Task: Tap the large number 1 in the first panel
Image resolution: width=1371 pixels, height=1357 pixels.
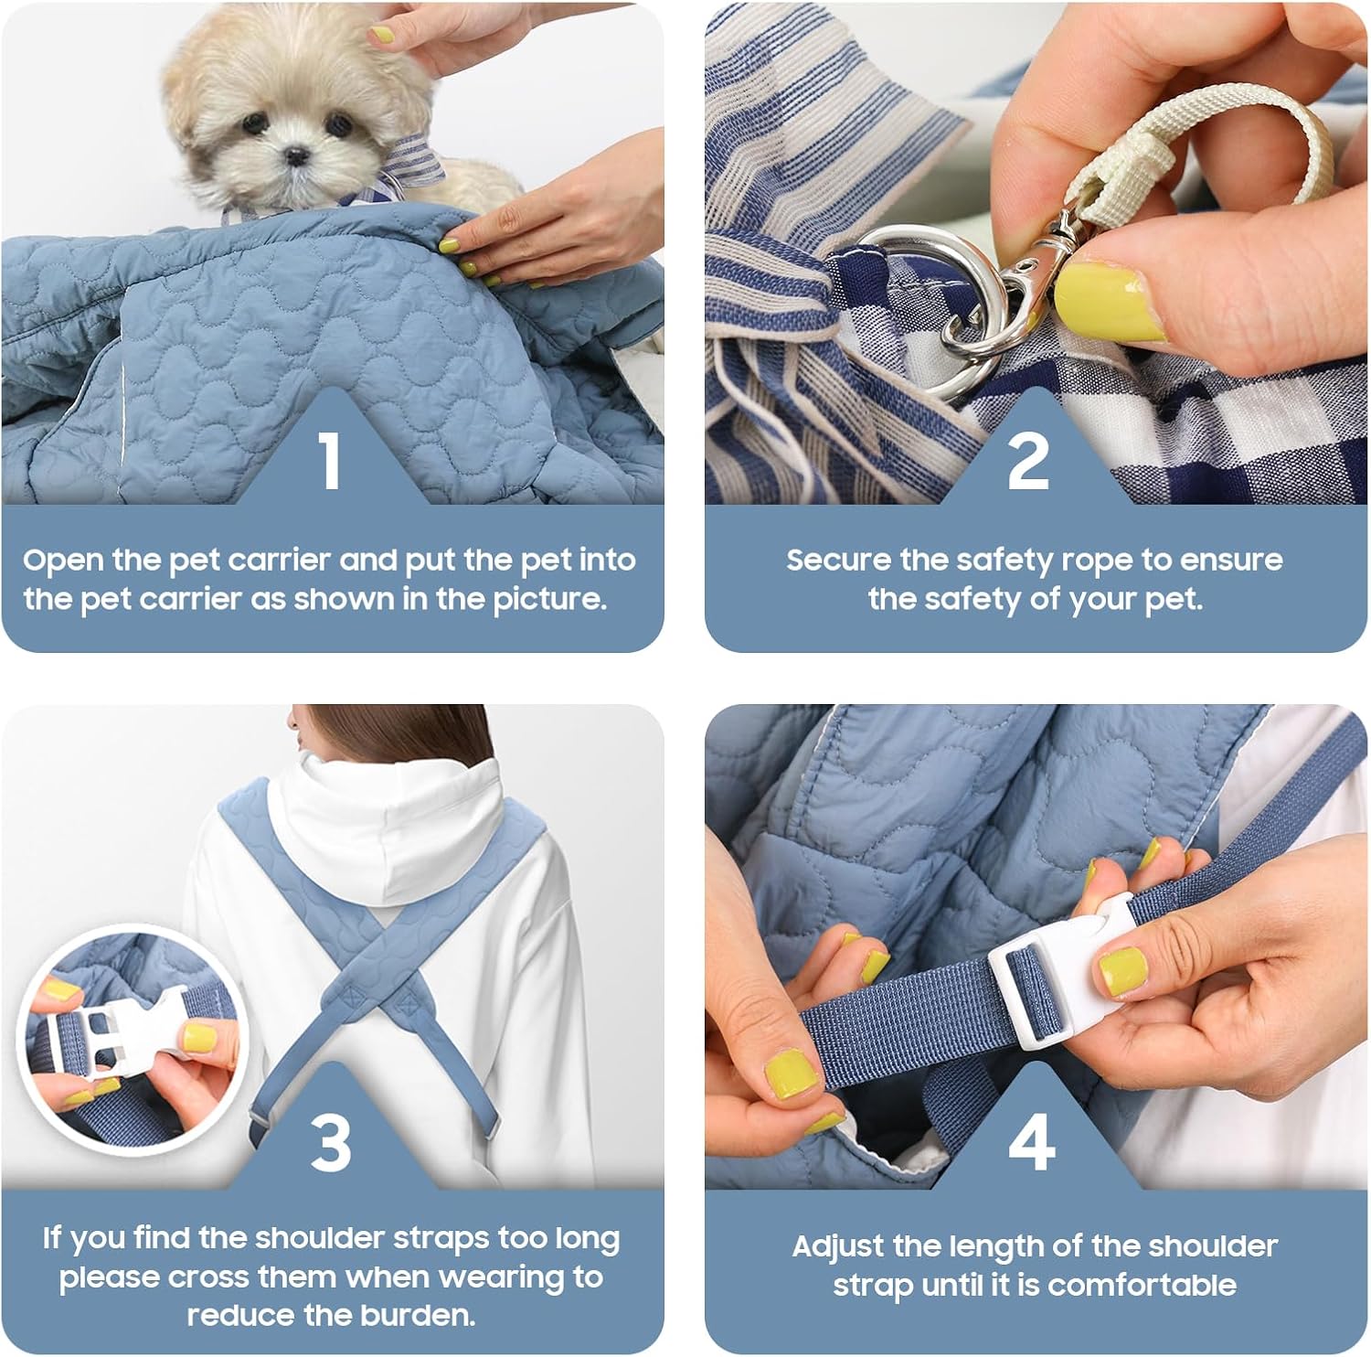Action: (331, 460)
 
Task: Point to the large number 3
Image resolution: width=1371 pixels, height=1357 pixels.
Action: (331, 1142)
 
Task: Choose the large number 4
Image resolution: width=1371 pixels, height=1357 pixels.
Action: (1032, 1142)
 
